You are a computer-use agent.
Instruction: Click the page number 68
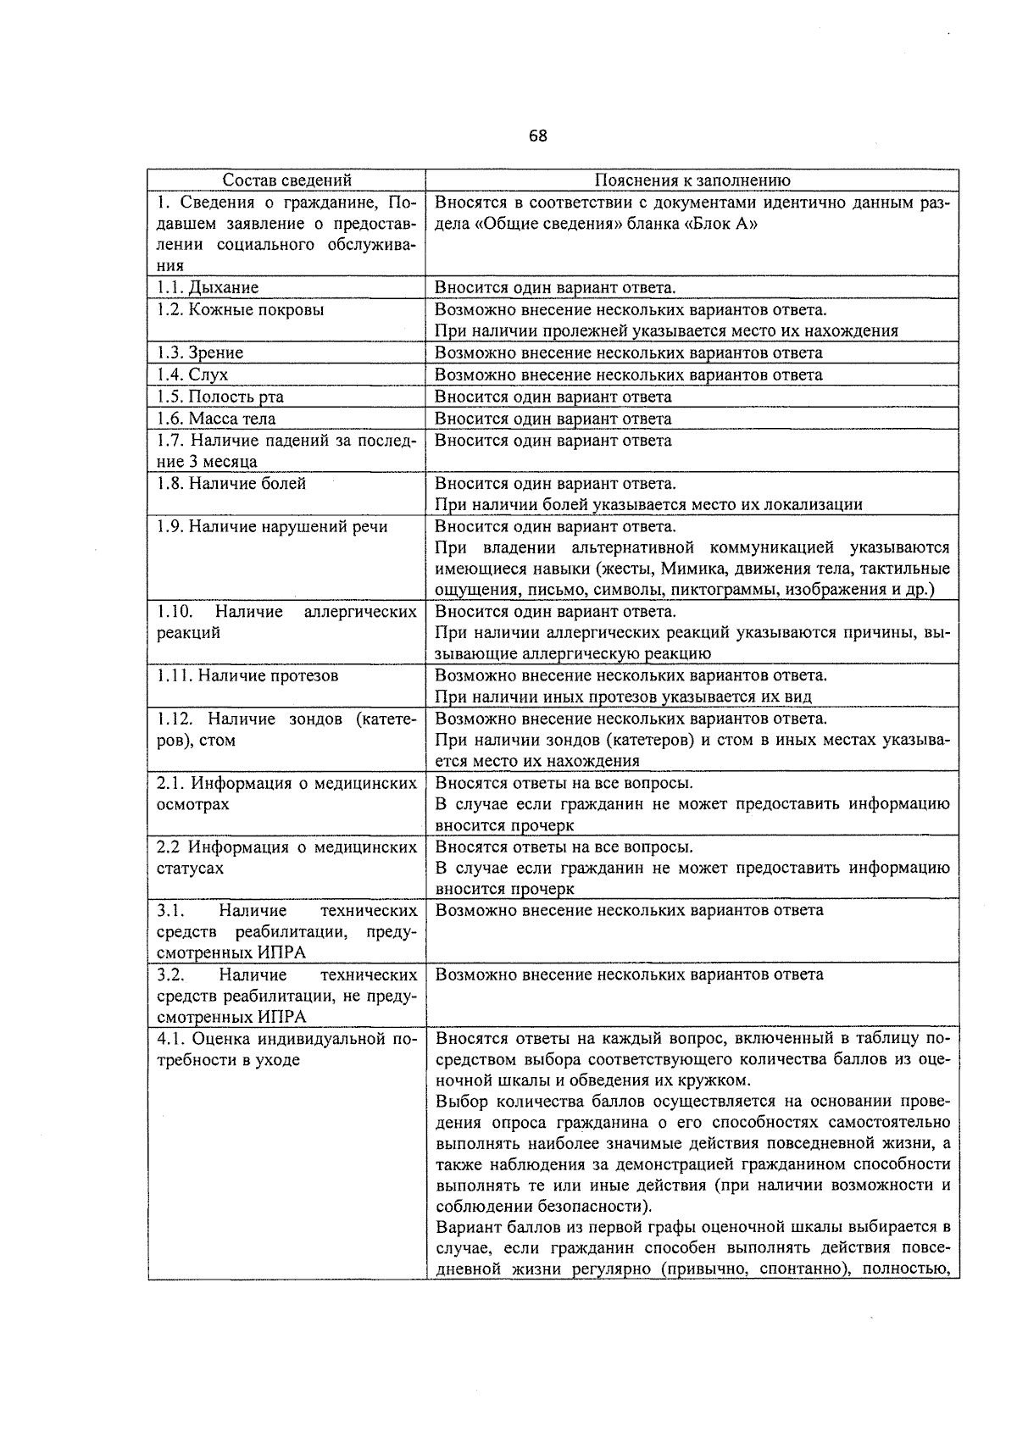click(538, 136)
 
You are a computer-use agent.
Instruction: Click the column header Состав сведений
click(286, 180)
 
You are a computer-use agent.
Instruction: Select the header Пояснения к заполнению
click(692, 180)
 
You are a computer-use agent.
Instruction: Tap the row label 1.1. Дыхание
click(208, 287)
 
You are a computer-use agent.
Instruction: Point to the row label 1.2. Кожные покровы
click(241, 309)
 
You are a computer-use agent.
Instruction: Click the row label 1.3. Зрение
click(200, 353)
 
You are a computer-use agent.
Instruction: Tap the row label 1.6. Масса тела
click(216, 419)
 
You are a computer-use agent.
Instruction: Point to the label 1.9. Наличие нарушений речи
click(272, 526)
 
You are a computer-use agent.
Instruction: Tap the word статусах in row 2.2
click(192, 869)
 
